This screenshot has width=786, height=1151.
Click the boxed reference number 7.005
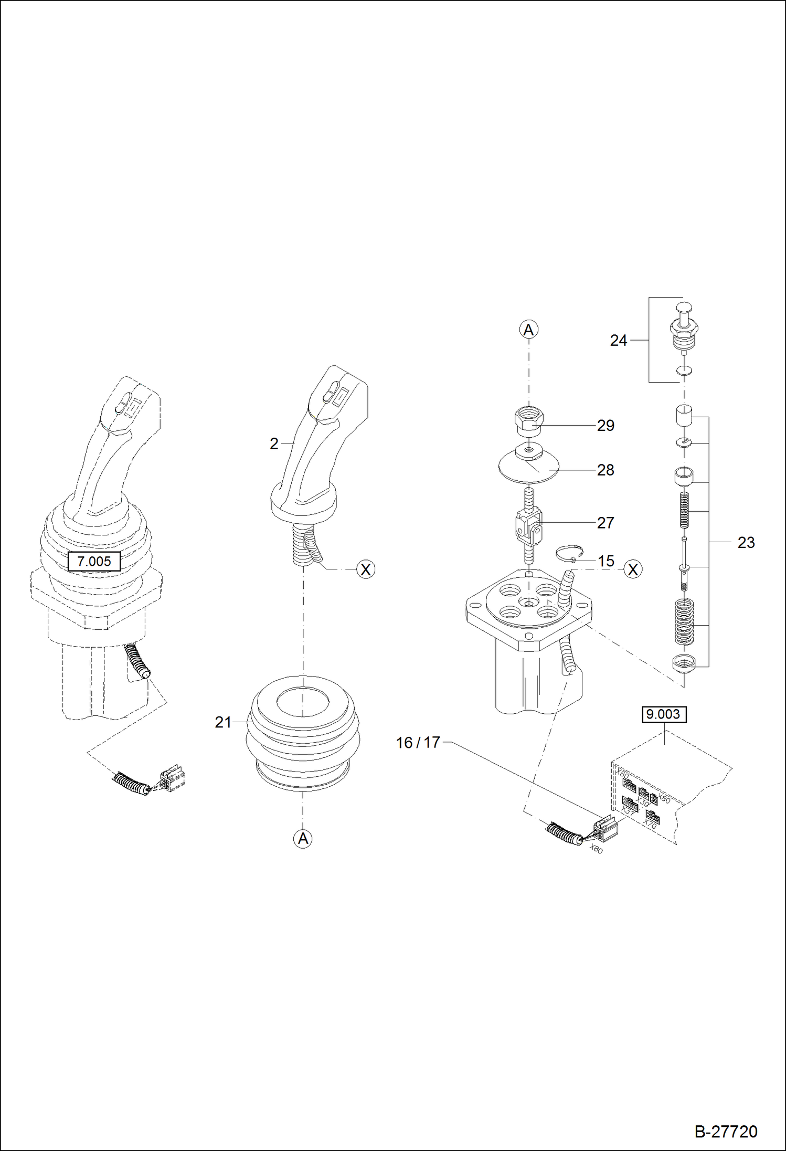94,561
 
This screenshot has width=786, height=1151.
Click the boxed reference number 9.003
663,714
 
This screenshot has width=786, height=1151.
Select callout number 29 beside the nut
606,426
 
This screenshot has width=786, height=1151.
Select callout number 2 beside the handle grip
274,444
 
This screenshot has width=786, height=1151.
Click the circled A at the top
528,330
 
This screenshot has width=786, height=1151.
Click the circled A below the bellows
303,838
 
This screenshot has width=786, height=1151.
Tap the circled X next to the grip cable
366,569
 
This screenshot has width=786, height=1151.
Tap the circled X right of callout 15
633,569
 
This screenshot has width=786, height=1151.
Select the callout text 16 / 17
418,743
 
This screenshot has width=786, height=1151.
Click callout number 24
619,341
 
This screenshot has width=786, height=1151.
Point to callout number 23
746,542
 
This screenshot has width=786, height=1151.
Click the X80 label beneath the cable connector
596,848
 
